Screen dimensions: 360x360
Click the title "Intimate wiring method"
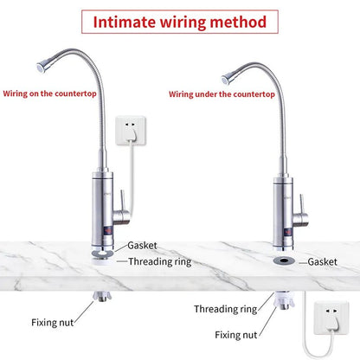click(180, 22)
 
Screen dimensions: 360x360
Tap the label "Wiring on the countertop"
click(49, 93)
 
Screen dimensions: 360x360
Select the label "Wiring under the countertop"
click(222, 94)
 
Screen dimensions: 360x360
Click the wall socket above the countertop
click(131, 131)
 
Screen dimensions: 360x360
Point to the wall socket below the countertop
click(331, 318)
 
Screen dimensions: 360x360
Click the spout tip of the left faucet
click(41, 67)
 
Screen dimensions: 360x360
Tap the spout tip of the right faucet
click(226, 78)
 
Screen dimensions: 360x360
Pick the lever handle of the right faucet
click(302, 205)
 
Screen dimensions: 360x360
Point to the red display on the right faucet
click(288, 232)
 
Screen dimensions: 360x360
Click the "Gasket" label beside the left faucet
click(142, 246)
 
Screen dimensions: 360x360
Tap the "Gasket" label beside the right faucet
click(322, 262)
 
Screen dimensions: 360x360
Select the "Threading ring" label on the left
click(160, 261)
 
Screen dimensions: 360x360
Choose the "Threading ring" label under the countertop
click(225, 309)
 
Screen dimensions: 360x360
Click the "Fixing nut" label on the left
click(53, 322)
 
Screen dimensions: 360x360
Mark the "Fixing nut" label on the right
click(236, 335)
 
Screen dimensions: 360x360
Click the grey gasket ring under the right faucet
click(284, 260)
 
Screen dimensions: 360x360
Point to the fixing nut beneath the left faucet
click(101, 297)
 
